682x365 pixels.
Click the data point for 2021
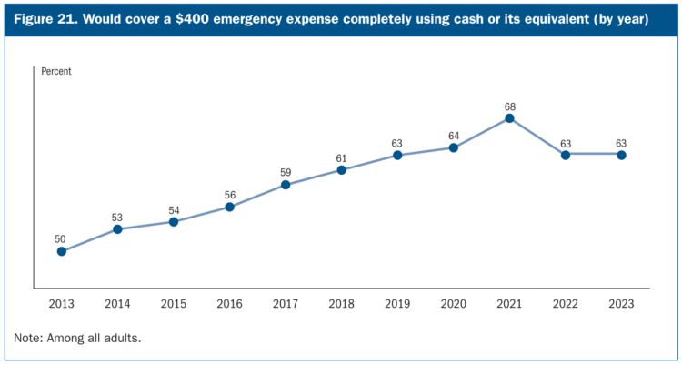point(509,117)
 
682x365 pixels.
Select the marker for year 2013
point(61,251)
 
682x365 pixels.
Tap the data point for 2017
point(286,185)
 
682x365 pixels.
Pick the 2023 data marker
point(621,155)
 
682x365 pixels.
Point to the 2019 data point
point(397,155)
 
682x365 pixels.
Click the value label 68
point(509,106)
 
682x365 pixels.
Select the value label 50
point(61,239)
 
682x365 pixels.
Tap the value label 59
point(286,173)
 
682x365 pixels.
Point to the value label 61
point(341,157)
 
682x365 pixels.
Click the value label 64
point(453,136)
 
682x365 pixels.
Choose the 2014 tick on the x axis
point(117,302)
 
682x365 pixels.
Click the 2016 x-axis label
point(229,302)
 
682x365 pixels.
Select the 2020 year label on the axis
point(453,302)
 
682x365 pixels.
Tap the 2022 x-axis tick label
point(566,302)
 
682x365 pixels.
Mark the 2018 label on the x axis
point(341,302)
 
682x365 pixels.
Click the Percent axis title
point(56,71)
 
